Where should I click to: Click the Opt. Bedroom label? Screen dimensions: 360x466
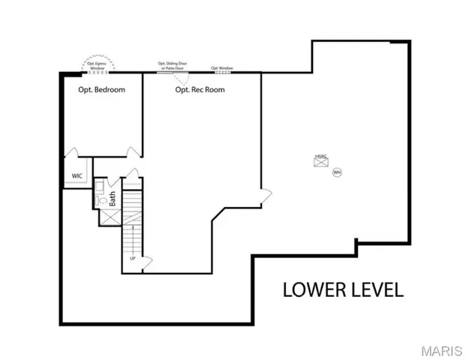click(x=101, y=90)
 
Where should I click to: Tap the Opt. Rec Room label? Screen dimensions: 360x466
click(x=200, y=90)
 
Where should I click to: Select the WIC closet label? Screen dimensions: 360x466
click(x=77, y=175)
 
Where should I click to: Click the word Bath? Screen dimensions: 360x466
click(x=113, y=199)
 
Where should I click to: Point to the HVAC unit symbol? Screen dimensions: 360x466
click(x=320, y=160)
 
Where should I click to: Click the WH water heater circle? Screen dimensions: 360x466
click(x=337, y=172)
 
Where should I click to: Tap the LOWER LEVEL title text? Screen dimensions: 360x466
click(x=343, y=289)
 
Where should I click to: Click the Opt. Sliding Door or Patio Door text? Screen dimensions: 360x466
click(x=172, y=65)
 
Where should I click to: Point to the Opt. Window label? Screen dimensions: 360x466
click(x=222, y=67)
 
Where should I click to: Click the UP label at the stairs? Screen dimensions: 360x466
click(x=133, y=259)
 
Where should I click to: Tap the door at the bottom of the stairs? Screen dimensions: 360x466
click(x=147, y=261)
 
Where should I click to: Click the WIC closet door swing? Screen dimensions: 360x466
click(x=74, y=154)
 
